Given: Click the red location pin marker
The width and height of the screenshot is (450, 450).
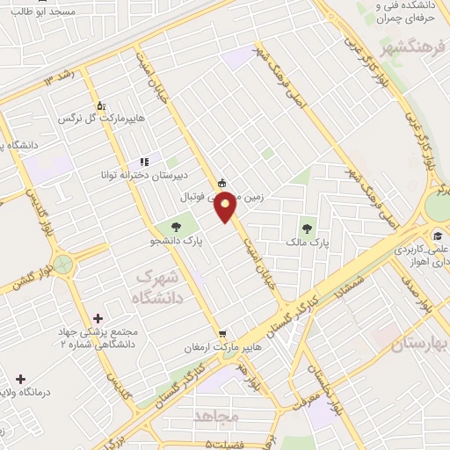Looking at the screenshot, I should tap(226, 207).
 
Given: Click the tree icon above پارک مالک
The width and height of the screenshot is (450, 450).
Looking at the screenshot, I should tap(307, 222).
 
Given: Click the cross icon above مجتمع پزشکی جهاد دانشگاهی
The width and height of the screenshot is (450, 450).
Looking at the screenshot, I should tap(97, 317).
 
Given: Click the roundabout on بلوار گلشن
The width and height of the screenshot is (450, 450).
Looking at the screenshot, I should tap(63, 263).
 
